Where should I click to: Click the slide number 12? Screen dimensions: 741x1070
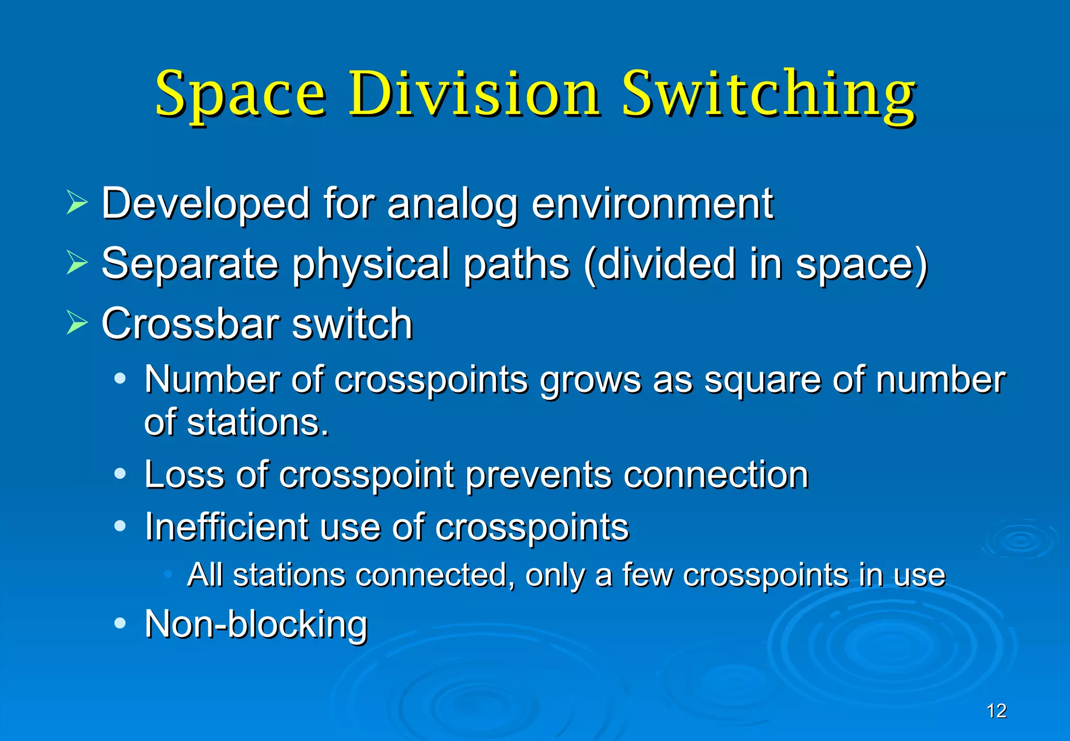tap(996, 711)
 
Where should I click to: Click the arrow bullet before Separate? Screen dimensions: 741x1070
tap(77, 263)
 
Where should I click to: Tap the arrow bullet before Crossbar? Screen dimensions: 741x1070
tap(77, 323)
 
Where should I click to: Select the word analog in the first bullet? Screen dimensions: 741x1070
tap(452, 205)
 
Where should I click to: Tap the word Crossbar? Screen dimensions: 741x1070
tap(191, 324)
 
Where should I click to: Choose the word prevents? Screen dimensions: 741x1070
tap(539, 476)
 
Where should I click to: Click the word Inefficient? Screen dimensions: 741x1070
tap(226, 527)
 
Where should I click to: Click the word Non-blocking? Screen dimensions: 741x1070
tap(256, 624)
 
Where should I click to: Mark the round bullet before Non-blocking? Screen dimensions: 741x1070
tap(120, 623)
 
